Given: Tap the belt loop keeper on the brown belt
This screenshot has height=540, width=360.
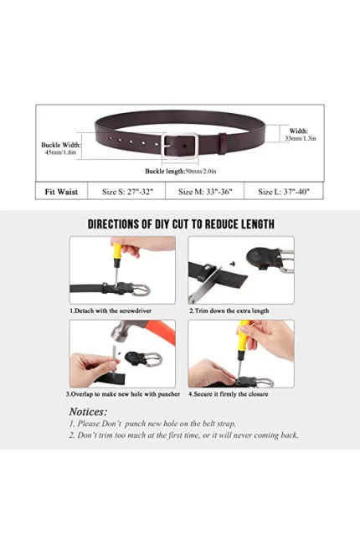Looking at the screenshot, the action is click(223, 144).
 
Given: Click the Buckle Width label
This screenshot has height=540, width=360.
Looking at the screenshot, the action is click(61, 145).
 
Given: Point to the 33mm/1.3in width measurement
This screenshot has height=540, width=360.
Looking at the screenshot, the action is click(301, 138).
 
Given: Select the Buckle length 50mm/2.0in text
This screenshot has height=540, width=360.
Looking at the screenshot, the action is click(181, 171).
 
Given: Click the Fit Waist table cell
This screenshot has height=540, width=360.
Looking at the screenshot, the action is click(61, 192).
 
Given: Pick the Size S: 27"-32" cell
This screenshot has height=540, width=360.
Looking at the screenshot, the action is click(127, 192).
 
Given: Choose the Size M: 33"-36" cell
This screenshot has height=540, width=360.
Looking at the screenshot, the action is click(205, 192).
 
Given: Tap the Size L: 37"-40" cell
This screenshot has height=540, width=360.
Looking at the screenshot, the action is click(284, 192).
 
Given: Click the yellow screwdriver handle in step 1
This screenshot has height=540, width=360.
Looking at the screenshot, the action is click(116, 252).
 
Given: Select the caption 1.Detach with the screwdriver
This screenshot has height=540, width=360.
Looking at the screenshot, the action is click(111, 311).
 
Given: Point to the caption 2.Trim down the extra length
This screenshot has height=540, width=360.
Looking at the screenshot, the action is click(229, 311).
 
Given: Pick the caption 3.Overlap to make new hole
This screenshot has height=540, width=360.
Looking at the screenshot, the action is click(123, 393).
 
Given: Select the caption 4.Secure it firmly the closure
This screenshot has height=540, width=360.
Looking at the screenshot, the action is click(229, 393).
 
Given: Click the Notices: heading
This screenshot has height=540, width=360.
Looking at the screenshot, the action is click(88, 412).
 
